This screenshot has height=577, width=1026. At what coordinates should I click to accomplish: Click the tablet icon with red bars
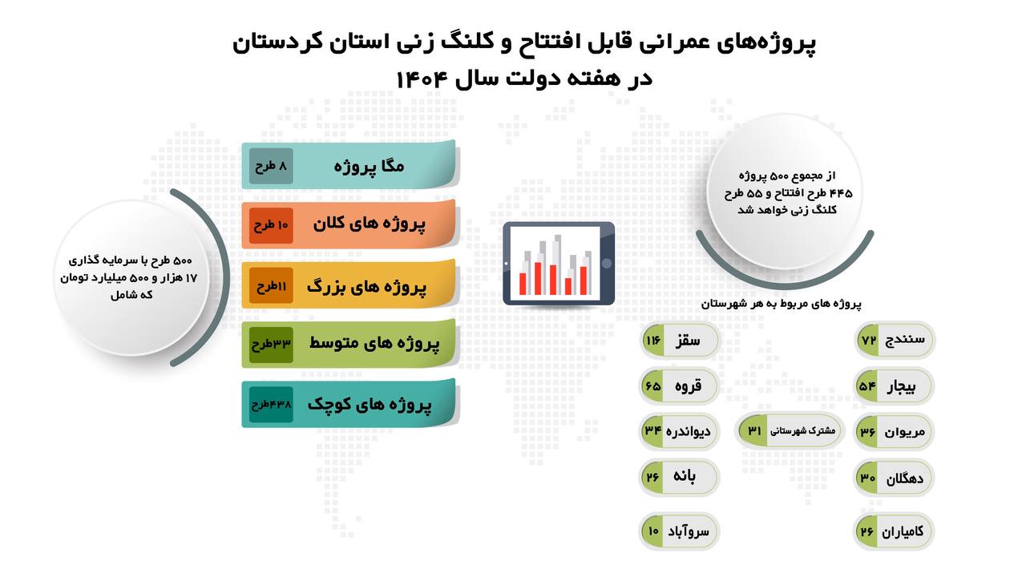559,264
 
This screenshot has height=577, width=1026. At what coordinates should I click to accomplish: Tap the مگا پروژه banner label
370,166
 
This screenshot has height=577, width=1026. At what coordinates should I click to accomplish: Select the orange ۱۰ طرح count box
271,225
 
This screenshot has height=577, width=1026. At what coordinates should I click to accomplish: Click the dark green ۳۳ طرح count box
271,345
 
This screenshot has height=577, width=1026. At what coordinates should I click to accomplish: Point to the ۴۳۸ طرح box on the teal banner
271,405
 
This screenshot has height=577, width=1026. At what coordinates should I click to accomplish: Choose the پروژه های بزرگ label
367,287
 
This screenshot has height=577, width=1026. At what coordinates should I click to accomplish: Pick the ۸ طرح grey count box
271,166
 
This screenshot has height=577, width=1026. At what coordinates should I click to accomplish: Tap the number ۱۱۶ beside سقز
652,341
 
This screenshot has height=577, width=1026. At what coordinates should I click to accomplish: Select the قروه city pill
679,386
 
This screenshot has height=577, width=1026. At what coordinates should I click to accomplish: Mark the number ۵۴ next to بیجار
867,386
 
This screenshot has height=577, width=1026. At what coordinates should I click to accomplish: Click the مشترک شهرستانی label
802,431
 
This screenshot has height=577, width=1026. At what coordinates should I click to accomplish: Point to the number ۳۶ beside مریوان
867,431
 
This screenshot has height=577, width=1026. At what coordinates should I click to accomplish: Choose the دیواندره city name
688,432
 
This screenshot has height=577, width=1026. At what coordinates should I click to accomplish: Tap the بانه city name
685,476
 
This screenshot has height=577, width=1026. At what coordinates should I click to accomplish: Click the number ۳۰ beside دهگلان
867,478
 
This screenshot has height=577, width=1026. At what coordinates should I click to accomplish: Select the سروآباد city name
688,531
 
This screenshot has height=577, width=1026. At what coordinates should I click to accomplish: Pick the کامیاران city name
903,531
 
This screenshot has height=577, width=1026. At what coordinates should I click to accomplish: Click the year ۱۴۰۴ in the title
421,79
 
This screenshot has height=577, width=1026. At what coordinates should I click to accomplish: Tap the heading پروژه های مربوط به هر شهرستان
781,304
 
